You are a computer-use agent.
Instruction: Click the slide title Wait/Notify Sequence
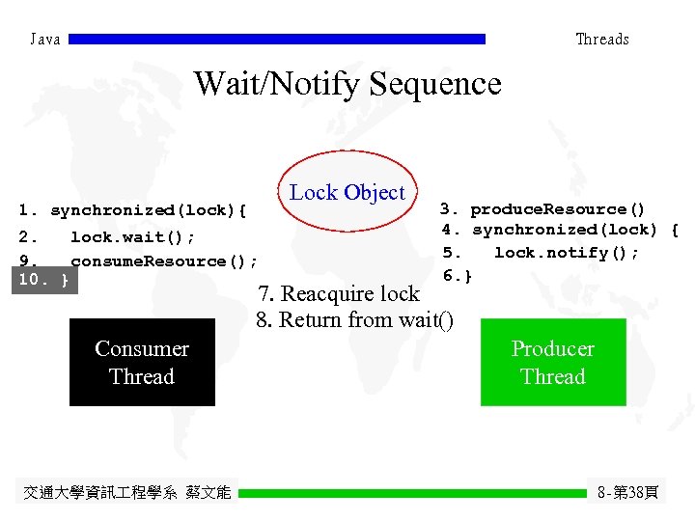(347, 84)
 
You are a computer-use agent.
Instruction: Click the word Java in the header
(45, 40)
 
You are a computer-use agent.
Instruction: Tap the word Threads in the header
(601, 40)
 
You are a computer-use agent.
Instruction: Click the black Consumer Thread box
(142, 363)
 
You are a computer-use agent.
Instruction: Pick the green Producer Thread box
(553, 363)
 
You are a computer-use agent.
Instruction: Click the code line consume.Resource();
(162, 260)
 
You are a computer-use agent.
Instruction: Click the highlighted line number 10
(43, 280)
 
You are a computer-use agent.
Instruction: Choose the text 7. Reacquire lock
(338, 293)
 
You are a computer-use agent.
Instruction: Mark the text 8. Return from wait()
(354, 319)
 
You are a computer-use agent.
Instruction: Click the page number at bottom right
(627, 493)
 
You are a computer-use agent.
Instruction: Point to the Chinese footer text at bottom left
(126, 493)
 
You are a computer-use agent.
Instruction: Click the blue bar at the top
(277, 40)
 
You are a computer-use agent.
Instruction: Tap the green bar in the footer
(412, 493)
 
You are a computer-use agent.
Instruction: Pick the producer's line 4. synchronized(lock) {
(560, 230)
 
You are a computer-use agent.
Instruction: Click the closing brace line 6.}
(458, 276)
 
